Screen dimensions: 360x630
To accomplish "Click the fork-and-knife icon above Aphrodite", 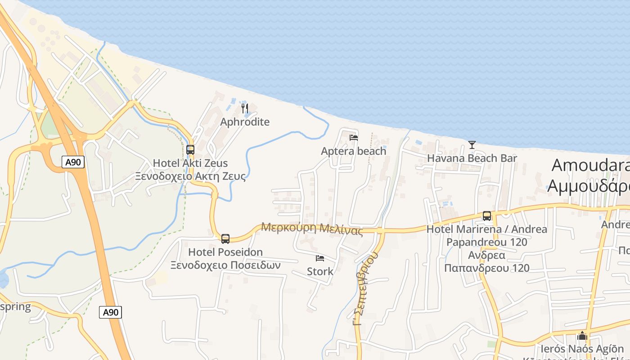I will [x=245, y=108].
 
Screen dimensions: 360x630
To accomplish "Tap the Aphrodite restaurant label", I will [x=245, y=122].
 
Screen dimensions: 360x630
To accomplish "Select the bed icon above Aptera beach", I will [x=354, y=137].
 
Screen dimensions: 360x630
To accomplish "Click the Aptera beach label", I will [x=353, y=151].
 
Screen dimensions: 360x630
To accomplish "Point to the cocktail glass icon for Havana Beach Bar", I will [x=472, y=144].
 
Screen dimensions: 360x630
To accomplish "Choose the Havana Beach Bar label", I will [x=472, y=158].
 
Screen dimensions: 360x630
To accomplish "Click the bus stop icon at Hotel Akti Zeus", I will [x=190, y=150].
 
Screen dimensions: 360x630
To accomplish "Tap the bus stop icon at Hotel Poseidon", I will [x=225, y=238].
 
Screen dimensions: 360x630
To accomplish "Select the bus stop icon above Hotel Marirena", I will [x=487, y=216].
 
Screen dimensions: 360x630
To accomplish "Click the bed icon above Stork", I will [x=320, y=258].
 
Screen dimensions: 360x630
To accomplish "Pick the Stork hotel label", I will [x=320, y=271].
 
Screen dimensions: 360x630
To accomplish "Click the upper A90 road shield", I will [x=73, y=162].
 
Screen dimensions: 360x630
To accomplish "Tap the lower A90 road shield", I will [x=110, y=312].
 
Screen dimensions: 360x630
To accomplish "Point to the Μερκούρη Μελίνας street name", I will [x=312, y=228].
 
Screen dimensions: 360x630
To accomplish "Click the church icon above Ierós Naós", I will [x=582, y=336].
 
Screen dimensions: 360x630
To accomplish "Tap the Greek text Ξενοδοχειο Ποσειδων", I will [x=225, y=265].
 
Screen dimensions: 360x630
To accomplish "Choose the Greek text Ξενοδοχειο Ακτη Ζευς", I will [x=191, y=176].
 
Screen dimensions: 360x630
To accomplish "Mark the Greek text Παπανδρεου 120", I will [x=486, y=268].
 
